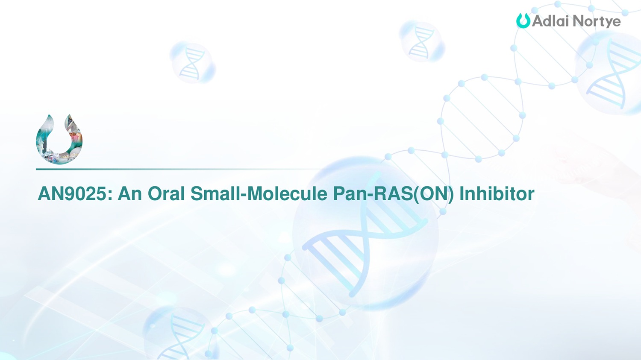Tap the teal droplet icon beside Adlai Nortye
coord(523,20)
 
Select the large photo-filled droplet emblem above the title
coord(59,139)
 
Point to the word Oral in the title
coord(166,193)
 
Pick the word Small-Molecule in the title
coord(259,193)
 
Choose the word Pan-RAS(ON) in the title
coord(394,194)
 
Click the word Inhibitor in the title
coord(497,193)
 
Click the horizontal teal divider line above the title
coord(177,169)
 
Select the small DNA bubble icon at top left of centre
coord(193,62)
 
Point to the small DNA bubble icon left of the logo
coord(422,41)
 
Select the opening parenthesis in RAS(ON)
coord(416,195)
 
